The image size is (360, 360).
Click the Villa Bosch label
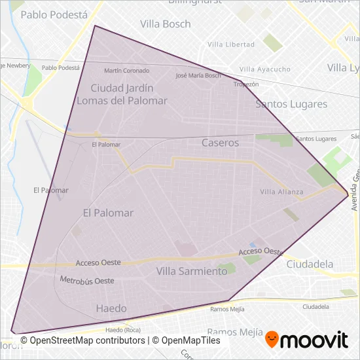(166, 24)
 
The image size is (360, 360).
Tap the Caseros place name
(221, 142)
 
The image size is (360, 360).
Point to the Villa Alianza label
(281, 192)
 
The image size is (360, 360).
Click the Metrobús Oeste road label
(87, 280)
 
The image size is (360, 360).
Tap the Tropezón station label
(247, 84)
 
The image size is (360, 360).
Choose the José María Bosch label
(198, 75)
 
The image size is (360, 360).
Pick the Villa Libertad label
(230, 45)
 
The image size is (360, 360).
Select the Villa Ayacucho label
(265, 69)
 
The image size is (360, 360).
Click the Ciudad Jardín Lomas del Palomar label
(122, 94)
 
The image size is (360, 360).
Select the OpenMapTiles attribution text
(187, 340)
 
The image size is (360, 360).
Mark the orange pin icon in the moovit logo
(272, 340)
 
